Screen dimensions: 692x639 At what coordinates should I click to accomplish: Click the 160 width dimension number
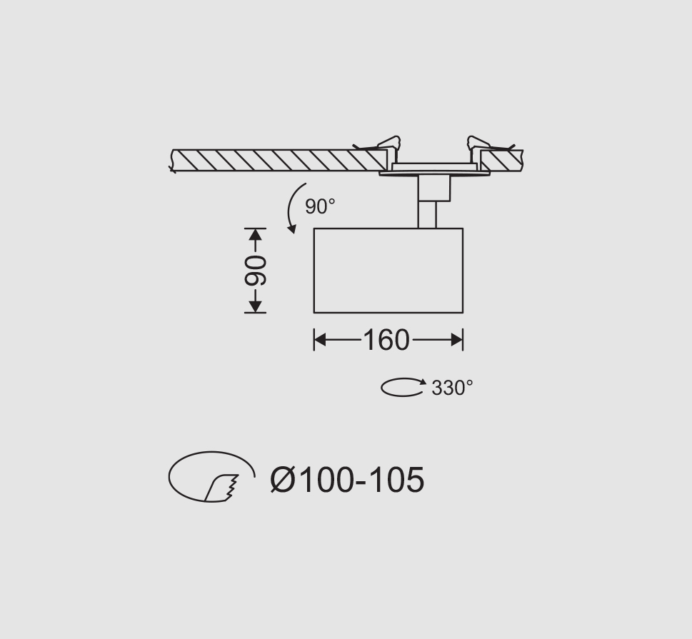click(x=386, y=341)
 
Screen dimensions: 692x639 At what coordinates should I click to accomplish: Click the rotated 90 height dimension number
click(x=256, y=270)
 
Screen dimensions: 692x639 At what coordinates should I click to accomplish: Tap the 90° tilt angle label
click(x=320, y=206)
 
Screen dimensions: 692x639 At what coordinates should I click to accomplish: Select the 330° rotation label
click(x=452, y=388)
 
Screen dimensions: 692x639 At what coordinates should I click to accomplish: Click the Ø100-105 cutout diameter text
click(x=347, y=480)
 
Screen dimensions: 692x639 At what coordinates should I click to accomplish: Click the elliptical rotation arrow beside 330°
click(x=403, y=387)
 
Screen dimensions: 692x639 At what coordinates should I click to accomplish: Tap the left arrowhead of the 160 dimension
click(x=319, y=340)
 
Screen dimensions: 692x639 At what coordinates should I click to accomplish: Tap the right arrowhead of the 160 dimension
click(x=457, y=340)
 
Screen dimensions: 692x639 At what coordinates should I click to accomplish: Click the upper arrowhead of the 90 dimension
click(x=256, y=234)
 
